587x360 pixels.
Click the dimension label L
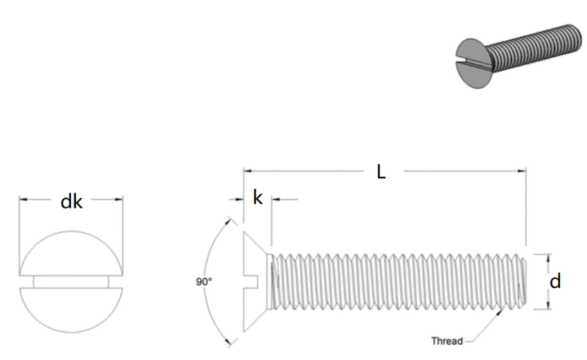coord(381,172)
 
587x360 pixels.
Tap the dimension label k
coord(258,197)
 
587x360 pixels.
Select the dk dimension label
coord(71,201)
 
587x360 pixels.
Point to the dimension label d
coord(555,281)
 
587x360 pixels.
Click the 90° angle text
coord(204,282)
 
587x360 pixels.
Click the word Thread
coord(447,341)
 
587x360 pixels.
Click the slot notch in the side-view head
coord(251,282)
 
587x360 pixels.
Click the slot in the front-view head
coord(71,282)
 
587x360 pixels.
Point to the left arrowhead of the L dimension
coord(248,171)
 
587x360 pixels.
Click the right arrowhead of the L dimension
coord(521,171)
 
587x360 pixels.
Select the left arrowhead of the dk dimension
coord(23,199)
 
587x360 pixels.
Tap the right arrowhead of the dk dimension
coord(118,199)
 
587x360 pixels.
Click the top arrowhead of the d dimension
coord(548,259)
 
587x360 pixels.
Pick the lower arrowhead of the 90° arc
coord(228,342)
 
